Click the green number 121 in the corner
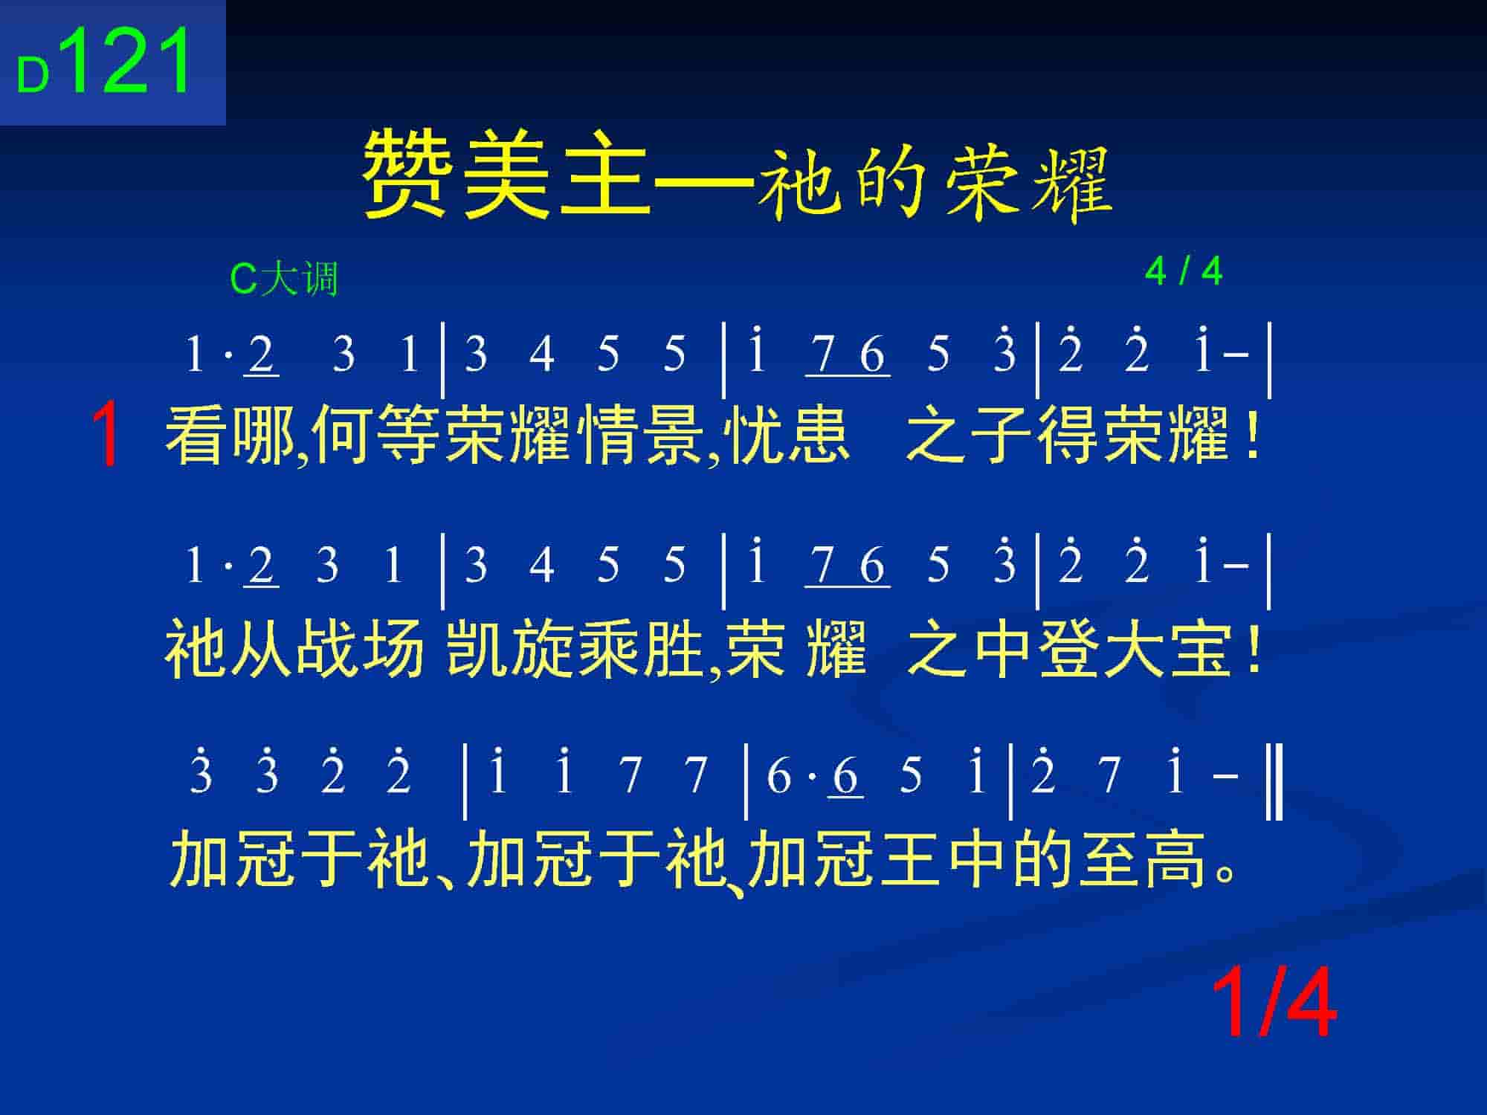(129, 61)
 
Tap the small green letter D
(33, 76)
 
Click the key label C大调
(285, 279)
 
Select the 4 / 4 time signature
(1184, 271)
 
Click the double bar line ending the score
(1274, 785)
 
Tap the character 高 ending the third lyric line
(1176, 859)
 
